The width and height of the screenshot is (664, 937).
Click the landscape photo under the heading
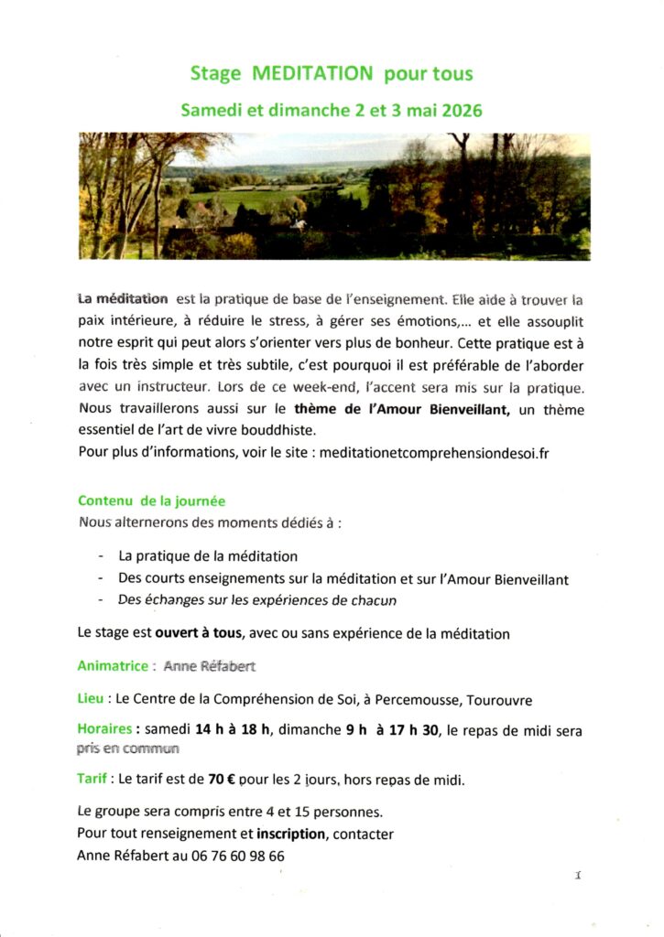pyautogui.click(x=334, y=196)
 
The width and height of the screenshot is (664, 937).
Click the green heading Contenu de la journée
pyautogui.click(x=151, y=501)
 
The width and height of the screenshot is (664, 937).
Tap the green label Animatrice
pyautogui.click(x=110, y=666)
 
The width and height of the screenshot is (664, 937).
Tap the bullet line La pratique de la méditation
pyautogui.click(x=208, y=555)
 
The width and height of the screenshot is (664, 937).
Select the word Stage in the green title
pyautogui.click(x=215, y=72)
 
